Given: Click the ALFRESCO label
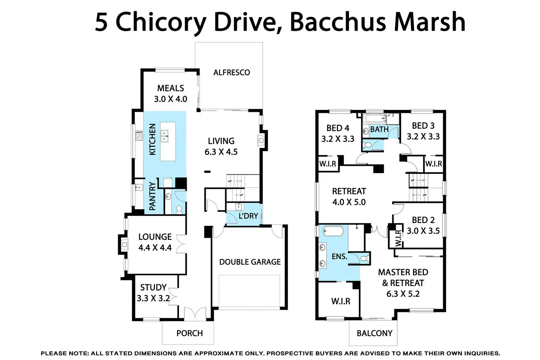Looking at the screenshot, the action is (231, 73).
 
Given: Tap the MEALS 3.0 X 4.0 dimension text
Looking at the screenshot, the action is (171, 99).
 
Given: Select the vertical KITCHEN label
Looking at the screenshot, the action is (153, 139).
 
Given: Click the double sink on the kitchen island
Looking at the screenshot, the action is (165, 136).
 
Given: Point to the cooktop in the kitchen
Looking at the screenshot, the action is (139, 136).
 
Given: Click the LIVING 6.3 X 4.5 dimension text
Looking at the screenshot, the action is (221, 152).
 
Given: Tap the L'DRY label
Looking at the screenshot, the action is (248, 216).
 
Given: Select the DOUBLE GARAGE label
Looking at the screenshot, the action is (250, 262).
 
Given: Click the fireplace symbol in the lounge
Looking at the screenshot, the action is (124, 244).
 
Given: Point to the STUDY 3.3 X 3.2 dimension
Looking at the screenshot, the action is (153, 298).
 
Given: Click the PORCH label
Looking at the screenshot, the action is (189, 333).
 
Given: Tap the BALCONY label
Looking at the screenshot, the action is (375, 333).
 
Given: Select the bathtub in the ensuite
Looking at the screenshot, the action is (333, 231).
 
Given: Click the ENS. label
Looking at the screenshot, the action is (339, 257).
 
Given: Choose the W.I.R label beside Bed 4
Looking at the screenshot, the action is (328, 164).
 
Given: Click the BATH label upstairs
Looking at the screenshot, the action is (379, 129).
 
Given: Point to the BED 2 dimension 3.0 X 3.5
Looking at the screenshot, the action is (423, 231).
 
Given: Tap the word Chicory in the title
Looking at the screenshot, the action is (161, 22).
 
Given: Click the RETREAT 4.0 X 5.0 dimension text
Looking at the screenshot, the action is (349, 202).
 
